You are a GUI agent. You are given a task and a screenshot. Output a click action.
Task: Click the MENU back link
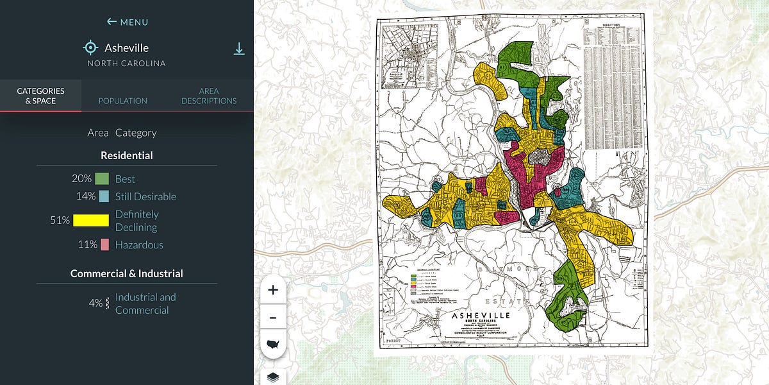128,22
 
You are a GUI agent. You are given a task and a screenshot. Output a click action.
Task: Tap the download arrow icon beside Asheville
239,49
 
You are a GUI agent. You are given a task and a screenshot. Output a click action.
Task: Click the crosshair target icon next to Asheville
90,47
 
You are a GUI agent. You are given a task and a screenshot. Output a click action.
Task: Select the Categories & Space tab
40,96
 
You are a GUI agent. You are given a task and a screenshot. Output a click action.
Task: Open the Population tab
122,101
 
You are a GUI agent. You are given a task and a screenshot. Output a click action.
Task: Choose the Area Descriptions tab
209,96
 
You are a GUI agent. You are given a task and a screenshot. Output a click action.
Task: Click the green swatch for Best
101,179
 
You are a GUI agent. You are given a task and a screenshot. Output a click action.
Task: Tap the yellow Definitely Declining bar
90,220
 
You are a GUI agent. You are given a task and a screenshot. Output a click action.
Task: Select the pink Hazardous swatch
103,244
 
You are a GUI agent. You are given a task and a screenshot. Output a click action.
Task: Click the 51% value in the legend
60,220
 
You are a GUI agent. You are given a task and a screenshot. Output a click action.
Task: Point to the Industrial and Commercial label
145,304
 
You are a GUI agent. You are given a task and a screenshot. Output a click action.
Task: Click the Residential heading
127,155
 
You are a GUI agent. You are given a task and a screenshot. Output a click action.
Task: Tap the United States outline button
273,345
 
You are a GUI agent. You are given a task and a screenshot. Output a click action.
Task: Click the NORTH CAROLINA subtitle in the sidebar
127,64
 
